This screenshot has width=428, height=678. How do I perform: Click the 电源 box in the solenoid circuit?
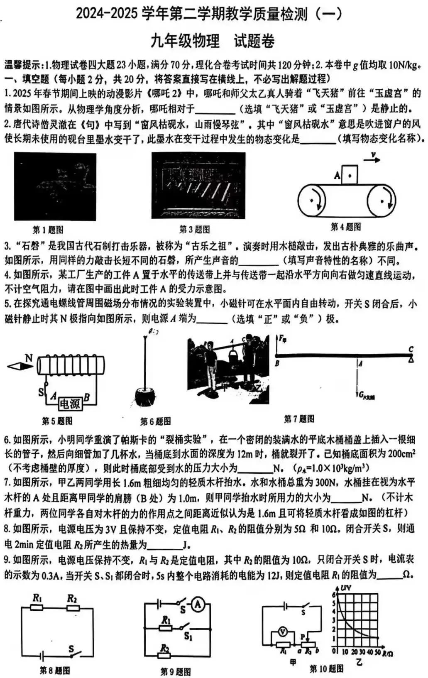pos(70,404)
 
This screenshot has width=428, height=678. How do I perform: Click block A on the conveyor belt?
pos(350,175)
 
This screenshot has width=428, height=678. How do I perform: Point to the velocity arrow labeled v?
pos(372,159)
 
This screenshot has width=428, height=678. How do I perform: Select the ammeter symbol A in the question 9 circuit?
pos(198,605)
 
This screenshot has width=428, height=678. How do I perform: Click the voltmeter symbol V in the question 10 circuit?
pos(283,632)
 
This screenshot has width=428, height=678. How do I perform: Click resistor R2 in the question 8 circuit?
pos(73,608)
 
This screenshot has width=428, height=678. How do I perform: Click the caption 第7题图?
pos(299,419)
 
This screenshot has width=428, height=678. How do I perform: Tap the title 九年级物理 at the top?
pos(185,41)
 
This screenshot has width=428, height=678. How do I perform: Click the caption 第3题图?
pos(194,229)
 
